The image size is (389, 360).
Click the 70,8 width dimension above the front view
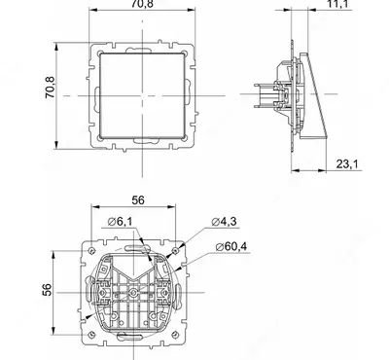click(x=142, y=4)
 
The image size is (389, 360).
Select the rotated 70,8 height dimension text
click(x=50, y=87)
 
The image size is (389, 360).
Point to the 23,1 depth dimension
click(x=347, y=164)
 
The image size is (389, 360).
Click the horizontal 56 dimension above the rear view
click(x=138, y=200)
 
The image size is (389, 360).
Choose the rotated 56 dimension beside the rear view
click(x=47, y=290)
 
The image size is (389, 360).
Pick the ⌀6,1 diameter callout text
click(x=120, y=222)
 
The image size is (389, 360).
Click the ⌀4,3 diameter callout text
click(x=224, y=222)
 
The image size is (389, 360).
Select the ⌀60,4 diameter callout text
click(x=231, y=247)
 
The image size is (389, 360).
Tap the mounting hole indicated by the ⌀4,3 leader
click(x=175, y=251)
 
